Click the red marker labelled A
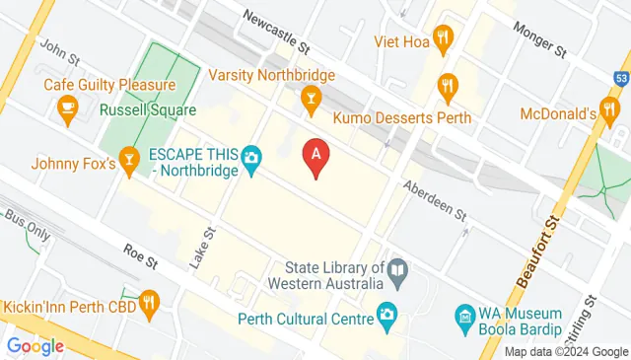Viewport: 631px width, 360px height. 315,156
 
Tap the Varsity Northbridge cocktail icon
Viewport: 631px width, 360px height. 311,97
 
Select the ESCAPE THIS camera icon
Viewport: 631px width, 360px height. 251,157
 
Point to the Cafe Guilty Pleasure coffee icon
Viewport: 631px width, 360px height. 67,106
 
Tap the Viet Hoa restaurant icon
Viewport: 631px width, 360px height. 443,40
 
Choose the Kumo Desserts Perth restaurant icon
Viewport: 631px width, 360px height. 449,86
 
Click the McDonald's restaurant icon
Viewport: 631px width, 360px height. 608,110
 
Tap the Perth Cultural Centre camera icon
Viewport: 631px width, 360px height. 387,317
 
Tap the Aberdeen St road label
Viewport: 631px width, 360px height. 434,199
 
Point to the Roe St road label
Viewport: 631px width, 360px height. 141,255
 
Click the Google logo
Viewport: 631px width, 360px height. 35,346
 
